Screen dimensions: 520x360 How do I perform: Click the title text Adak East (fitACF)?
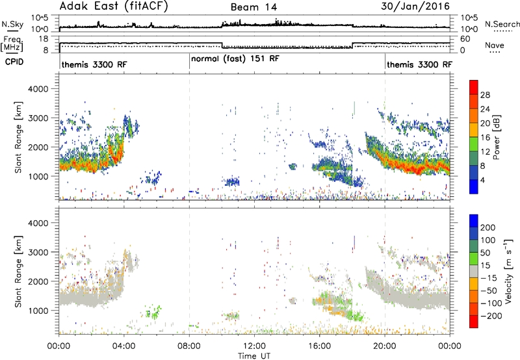tap(114, 6)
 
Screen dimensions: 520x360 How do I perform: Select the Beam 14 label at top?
tap(253, 7)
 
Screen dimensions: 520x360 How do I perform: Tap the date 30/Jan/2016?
tap(415, 6)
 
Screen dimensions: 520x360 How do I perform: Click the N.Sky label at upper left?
tap(12, 24)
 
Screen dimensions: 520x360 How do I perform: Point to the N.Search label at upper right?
tap(502, 24)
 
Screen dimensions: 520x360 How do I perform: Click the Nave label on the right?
tap(495, 45)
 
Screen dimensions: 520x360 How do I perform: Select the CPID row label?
tap(14, 62)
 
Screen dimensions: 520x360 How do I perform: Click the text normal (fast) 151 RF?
tap(235, 59)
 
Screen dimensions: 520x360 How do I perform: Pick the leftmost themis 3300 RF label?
tap(94, 64)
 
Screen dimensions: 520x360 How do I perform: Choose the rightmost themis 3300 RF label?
tap(419, 64)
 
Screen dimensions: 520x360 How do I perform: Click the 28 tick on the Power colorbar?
tap(485, 95)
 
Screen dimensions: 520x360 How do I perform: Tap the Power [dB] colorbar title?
tap(496, 137)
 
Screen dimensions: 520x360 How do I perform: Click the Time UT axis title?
tap(254, 356)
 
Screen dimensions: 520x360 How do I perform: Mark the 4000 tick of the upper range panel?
tap(38, 89)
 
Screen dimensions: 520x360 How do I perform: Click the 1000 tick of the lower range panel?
tap(38, 311)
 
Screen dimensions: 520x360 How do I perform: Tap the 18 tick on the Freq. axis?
tap(44, 39)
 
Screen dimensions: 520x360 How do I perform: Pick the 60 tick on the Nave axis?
tap(465, 39)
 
